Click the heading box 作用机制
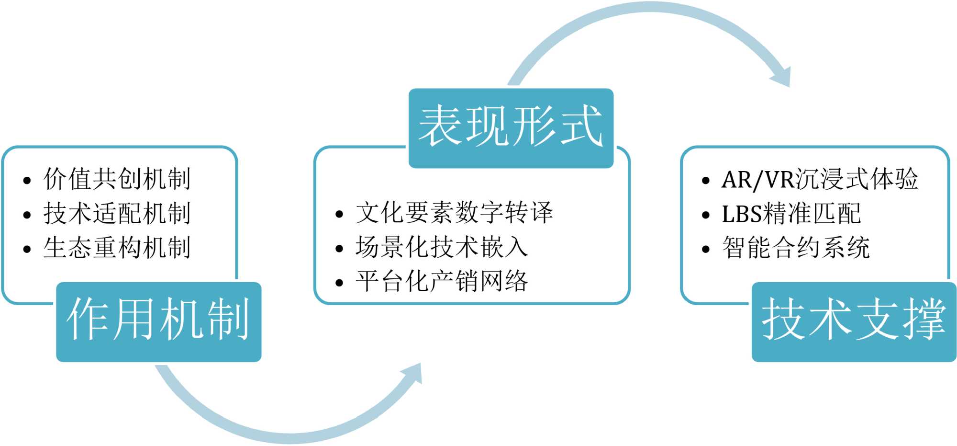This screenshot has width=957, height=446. click(x=158, y=321)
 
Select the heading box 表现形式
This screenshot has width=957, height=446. click(x=511, y=127)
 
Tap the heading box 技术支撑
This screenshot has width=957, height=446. click(x=854, y=321)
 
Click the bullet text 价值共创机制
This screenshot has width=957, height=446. click(x=117, y=179)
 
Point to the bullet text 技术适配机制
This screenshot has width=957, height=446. click(x=117, y=214)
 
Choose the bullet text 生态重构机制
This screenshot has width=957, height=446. click(x=117, y=248)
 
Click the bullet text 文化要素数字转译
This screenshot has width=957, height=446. click(x=454, y=213)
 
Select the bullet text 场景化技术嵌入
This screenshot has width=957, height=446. click(x=442, y=247)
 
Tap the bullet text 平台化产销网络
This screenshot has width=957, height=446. click(x=442, y=281)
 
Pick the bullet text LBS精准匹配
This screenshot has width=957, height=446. click(x=791, y=214)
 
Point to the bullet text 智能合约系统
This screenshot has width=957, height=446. click(x=796, y=248)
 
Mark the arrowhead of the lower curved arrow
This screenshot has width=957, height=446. click(x=412, y=374)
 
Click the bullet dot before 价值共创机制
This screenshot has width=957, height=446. click(x=27, y=181)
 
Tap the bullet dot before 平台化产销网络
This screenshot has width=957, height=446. click(x=339, y=283)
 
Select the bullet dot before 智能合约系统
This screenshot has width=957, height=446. click(x=706, y=250)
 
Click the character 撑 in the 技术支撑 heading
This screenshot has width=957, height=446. click(x=924, y=320)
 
